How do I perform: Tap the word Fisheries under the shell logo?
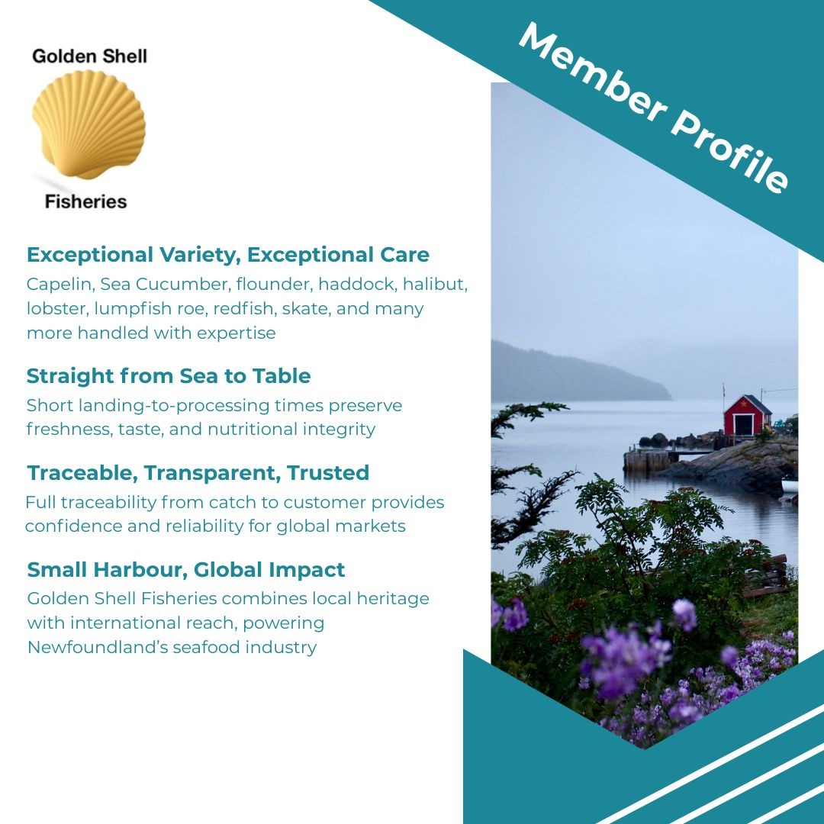click(x=85, y=201)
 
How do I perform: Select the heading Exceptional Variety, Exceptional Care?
click(x=228, y=254)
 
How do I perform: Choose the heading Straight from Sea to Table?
click(x=169, y=376)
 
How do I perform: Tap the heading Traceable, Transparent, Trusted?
click(x=198, y=473)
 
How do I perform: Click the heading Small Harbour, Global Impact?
click(x=186, y=570)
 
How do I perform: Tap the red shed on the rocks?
click(x=747, y=416)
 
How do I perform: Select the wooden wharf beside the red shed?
click(x=649, y=459)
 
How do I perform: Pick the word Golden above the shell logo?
click(x=61, y=56)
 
